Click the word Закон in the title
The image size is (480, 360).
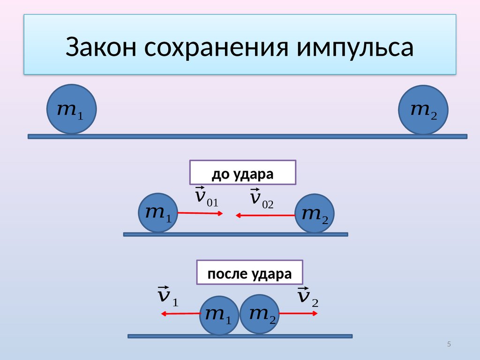[x=101, y=47]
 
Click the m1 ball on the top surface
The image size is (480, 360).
[x=72, y=109]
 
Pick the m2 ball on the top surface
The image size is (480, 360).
[x=423, y=110]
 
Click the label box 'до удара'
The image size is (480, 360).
[x=243, y=172]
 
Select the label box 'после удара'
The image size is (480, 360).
[x=249, y=272]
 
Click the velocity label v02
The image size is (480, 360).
[x=262, y=198]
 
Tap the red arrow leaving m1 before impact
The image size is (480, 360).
[x=200, y=213]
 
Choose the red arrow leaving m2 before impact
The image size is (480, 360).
[x=265, y=216]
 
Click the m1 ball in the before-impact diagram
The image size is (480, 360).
[x=158, y=212]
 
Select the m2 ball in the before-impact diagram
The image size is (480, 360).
[x=315, y=213]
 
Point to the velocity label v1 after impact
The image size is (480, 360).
[x=168, y=296]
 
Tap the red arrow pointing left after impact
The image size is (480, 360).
[x=181, y=314]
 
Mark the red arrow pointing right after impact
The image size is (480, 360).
[x=298, y=314]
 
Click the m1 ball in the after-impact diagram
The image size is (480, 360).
[x=219, y=315]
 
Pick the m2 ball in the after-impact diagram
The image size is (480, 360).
[x=260, y=314]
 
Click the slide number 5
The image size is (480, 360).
[x=449, y=344]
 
